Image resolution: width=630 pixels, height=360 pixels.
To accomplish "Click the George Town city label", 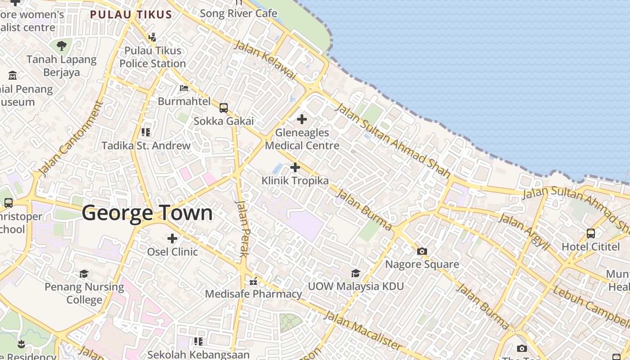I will [147, 213].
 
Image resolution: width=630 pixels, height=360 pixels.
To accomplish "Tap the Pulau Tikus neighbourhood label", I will [131, 14].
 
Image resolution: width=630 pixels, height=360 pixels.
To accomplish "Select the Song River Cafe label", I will [238, 13].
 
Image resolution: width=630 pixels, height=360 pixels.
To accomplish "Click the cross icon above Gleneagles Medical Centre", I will [302, 119].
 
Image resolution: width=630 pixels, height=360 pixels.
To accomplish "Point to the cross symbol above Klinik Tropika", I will [295, 167].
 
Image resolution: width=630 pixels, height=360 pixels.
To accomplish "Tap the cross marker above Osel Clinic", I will [172, 238].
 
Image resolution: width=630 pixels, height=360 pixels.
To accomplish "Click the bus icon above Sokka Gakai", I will [224, 108].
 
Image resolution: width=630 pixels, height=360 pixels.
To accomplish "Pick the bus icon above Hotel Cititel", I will [591, 234].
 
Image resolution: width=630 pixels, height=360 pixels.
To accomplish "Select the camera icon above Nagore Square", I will [422, 251].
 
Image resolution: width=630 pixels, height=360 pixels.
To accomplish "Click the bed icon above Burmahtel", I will [184, 88].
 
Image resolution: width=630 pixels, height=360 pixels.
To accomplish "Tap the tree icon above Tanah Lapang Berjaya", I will [61, 45].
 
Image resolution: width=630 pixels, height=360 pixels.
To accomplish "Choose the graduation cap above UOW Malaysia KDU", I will [355, 273].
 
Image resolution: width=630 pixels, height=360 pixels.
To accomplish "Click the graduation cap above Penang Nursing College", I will [84, 274].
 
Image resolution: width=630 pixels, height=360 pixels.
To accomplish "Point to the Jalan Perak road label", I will [242, 229].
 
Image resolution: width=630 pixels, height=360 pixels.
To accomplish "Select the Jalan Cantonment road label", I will [71, 139].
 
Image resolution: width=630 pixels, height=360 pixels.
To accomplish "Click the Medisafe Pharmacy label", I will [254, 294].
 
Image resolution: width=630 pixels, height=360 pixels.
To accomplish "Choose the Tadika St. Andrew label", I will [146, 145].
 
